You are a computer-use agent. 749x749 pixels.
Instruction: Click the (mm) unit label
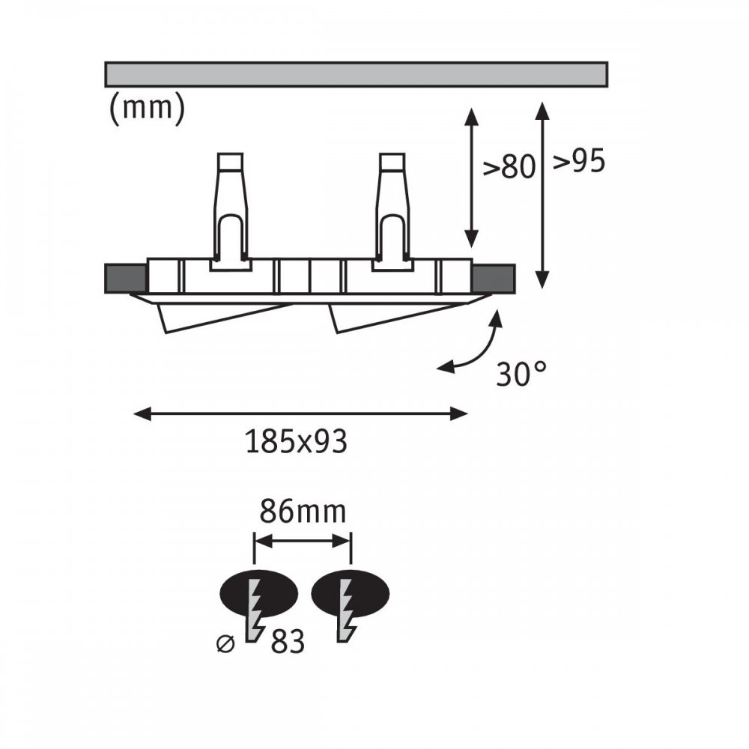[147, 108]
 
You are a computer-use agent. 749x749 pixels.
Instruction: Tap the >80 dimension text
[509, 167]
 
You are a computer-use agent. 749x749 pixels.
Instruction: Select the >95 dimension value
[579, 162]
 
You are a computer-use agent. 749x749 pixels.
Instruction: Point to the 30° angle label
[521, 374]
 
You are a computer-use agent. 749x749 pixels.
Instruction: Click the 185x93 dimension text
[296, 441]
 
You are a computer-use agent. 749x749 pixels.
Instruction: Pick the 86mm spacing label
[303, 512]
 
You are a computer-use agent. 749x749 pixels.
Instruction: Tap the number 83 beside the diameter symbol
[288, 642]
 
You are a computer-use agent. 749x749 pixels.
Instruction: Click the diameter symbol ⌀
[226, 643]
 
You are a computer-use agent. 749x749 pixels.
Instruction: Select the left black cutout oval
[259, 593]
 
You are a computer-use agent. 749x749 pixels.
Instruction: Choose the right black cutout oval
[350, 593]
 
